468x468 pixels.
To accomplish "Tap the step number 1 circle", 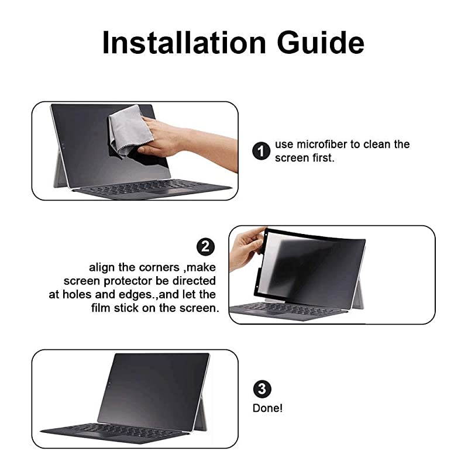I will pos(261,152).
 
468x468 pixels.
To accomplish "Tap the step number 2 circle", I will pos(205,246).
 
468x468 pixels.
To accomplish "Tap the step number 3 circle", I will pos(261,388).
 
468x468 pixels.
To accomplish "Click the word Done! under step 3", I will pos(267,408).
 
